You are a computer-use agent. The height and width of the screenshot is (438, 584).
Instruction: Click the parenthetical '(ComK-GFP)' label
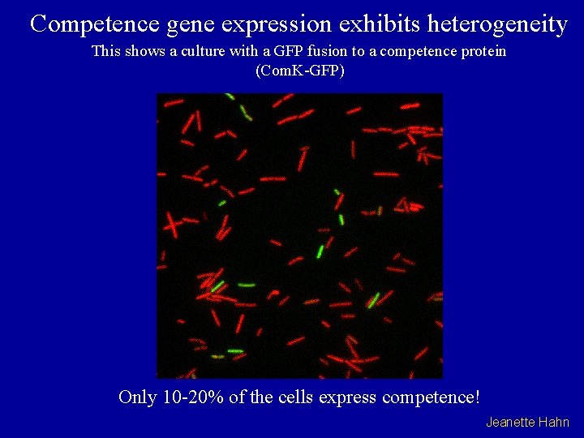pos(299,71)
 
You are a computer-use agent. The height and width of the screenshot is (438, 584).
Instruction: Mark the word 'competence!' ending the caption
pos(430,398)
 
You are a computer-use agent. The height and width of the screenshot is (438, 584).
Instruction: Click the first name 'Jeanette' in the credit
pos(510,422)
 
